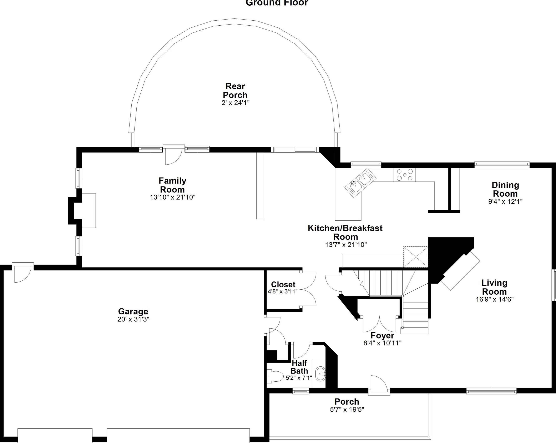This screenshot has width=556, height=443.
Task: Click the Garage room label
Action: pos(133,311)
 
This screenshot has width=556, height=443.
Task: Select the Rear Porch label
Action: pos(235,91)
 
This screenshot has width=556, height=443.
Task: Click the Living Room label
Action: pos(494,287)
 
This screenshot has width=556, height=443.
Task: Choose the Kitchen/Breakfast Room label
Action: pos(345,232)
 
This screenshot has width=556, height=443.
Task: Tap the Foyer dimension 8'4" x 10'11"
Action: pos(383,343)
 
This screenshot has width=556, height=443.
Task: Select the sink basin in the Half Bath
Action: pos(320,374)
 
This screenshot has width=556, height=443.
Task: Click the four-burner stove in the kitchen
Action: pos(405,175)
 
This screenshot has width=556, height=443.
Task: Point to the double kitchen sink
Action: pos(360,183)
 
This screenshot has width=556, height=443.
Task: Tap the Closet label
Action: pos(283,284)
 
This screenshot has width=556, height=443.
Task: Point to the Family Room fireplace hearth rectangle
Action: pos(89,211)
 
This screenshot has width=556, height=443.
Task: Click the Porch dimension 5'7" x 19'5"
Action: pos(347,409)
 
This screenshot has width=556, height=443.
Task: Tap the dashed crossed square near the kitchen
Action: pos(416,257)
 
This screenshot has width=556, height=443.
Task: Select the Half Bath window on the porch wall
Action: pos(301,391)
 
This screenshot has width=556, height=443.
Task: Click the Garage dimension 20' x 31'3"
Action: pos(133,319)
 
